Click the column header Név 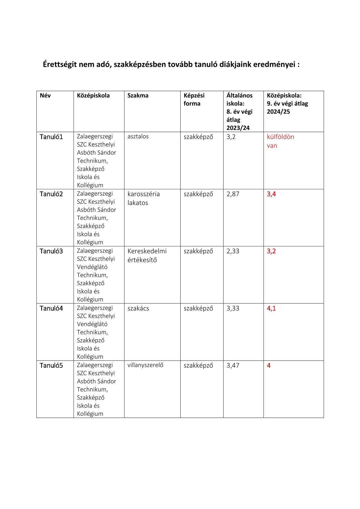(45, 96)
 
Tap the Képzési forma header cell (194, 100)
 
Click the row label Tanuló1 (51, 137)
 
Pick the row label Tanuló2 (51, 194)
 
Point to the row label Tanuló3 (51, 251)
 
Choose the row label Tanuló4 (51, 308)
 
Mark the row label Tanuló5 (51, 365)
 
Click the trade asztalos (138, 136)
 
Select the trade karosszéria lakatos (144, 198)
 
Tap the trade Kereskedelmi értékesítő (147, 256)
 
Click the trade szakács (138, 308)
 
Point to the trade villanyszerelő (145, 365)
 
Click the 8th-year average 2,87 (233, 194)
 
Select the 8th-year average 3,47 (233, 365)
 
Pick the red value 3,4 (271, 194)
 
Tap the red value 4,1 (271, 308)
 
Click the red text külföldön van (280, 141)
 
